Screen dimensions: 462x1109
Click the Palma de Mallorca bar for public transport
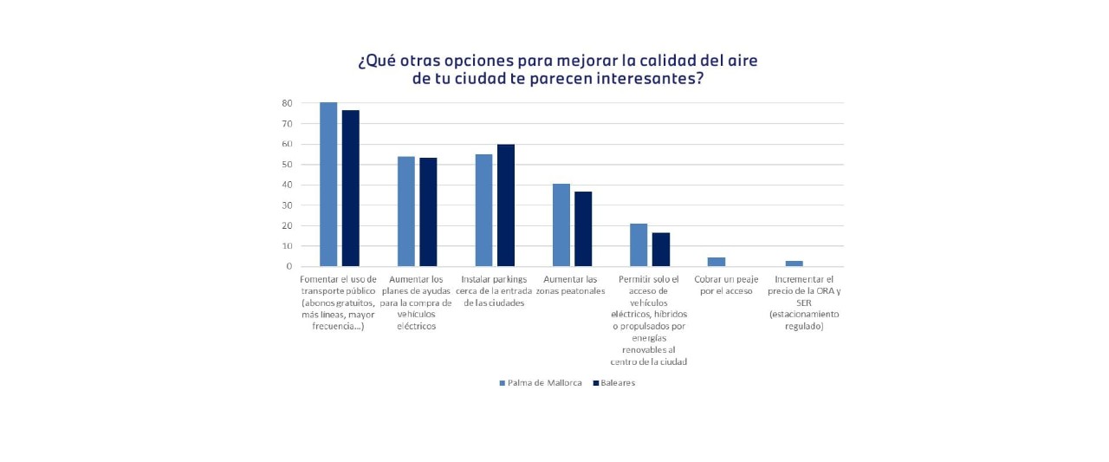(328, 184)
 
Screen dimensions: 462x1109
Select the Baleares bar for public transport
(350, 188)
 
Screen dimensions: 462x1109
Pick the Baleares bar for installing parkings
(506, 205)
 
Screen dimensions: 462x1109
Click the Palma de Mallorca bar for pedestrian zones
(561, 225)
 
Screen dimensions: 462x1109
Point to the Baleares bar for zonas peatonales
(583, 229)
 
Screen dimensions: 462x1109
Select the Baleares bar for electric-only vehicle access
(661, 250)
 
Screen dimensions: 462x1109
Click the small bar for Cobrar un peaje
(717, 262)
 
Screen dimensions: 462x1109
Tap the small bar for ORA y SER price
(794, 264)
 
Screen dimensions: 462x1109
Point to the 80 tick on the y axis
(286, 103)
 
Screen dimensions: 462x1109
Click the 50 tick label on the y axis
(286, 165)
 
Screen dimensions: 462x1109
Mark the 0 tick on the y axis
(289, 266)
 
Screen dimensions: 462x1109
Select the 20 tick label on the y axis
(286, 225)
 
